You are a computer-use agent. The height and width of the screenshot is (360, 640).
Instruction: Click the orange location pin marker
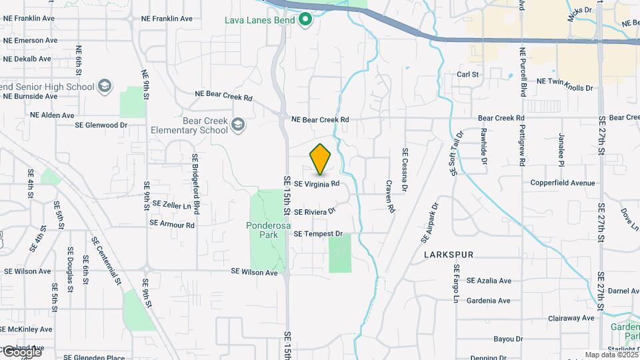point(321,159)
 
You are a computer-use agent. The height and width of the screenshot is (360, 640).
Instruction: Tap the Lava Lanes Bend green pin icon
point(305,19)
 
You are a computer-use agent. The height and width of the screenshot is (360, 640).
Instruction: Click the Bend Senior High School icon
point(104,86)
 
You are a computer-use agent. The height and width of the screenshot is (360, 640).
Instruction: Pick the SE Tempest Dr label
point(318,234)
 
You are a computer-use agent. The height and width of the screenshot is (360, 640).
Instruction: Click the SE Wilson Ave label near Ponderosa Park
point(254,272)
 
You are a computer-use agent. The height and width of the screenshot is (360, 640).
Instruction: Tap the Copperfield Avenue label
point(563,183)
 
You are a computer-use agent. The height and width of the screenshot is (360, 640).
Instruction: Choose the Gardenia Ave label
point(489,301)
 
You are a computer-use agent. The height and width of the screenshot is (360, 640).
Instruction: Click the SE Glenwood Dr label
point(101,125)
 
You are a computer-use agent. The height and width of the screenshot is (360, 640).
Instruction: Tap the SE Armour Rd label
point(172,225)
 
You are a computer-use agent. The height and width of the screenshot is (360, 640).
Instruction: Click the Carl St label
point(468,75)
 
